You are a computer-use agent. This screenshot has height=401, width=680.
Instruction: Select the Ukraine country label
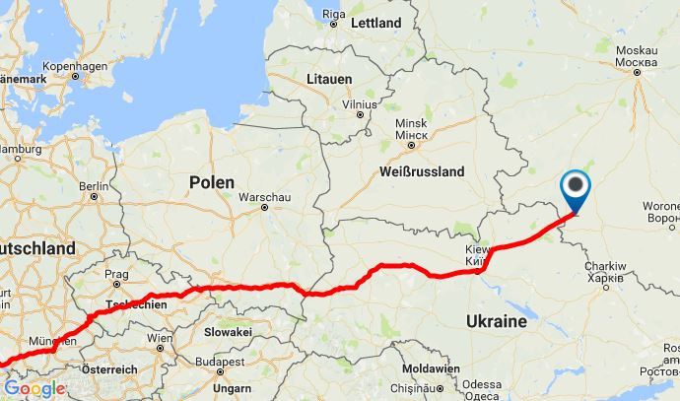point(499,321)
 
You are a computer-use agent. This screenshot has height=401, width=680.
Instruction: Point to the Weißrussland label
point(421,170)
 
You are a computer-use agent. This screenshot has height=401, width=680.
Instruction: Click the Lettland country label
point(376,22)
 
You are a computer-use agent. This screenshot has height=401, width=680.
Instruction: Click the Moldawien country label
point(432,368)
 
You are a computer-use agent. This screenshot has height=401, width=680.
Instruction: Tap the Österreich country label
point(109,368)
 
